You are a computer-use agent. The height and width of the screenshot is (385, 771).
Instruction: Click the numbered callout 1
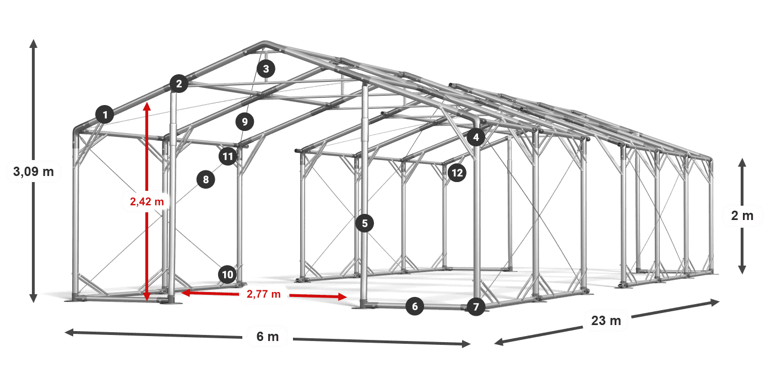[105, 114]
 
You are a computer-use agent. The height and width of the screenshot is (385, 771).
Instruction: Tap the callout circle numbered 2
[179, 84]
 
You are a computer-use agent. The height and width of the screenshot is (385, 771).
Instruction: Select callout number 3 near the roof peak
[265, 69]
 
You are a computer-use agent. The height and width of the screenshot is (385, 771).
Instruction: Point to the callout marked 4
[476, 137]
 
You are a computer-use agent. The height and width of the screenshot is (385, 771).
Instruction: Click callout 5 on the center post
[365, 223]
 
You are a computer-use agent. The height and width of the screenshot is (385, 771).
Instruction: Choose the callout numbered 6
[415, 306]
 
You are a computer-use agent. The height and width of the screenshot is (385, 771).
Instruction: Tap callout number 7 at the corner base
[476, 307]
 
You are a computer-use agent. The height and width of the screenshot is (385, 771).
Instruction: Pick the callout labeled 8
[206, 179]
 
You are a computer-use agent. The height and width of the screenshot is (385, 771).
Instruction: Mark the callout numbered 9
[245, 122]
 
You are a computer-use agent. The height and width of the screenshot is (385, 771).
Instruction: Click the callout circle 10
[227, 274]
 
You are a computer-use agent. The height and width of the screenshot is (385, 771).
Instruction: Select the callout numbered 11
[228, 156]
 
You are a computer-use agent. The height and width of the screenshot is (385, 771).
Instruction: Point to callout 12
[457, 173]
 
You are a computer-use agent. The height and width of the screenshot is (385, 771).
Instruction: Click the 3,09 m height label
[34, 171]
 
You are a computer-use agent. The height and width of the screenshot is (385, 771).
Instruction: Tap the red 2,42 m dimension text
[147, 201]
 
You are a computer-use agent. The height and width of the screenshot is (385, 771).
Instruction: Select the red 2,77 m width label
[264, 294]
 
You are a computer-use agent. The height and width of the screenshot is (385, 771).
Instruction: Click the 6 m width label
[268, 337]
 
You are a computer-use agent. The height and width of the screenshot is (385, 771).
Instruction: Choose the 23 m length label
[606, 320]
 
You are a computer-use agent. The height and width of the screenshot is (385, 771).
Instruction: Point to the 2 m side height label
[742, 216]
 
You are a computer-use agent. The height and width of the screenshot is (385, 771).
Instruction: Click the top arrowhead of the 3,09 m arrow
[34, 43]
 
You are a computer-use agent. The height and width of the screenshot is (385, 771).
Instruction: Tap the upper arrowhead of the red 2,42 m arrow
[147, 106]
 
